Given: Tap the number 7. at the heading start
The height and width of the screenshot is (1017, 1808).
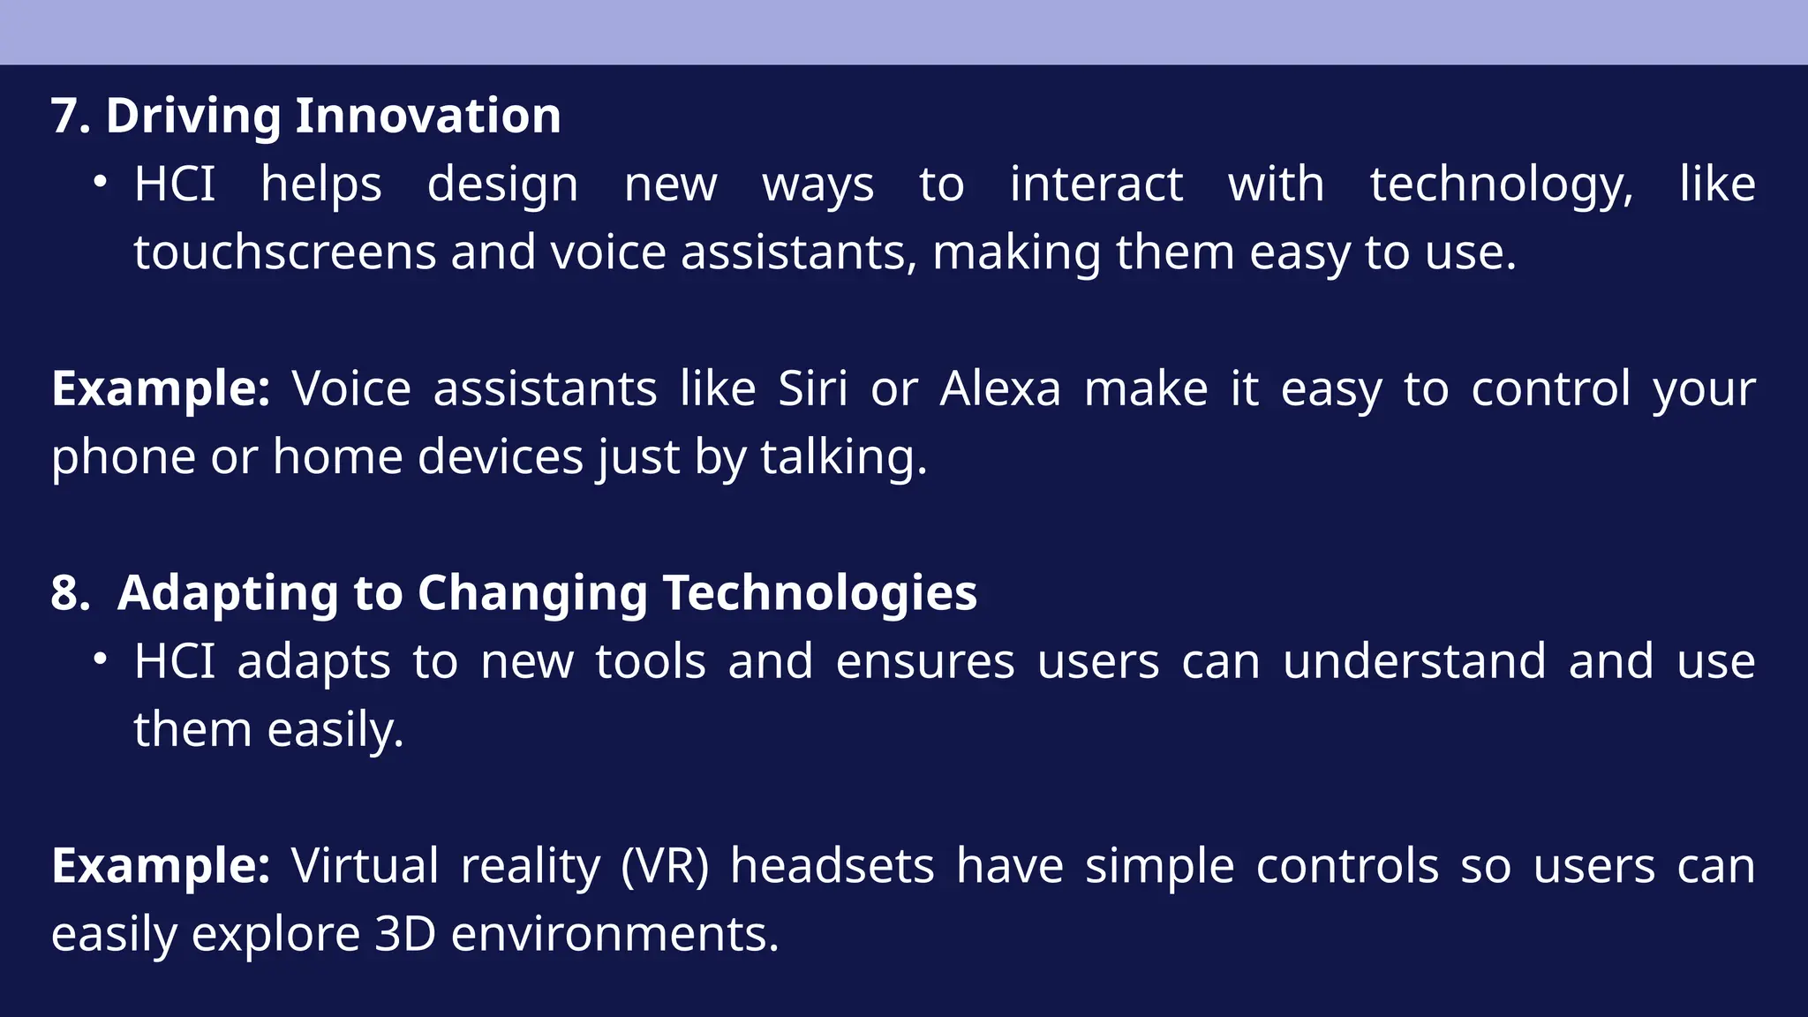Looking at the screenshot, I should [71, 116].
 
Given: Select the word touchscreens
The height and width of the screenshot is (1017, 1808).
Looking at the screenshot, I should [284, 252].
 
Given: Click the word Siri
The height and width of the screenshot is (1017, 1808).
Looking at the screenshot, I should [812, 388].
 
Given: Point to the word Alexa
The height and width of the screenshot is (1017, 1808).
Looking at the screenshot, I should [999, 388].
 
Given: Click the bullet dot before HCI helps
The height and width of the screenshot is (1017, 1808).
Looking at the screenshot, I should [101, 182].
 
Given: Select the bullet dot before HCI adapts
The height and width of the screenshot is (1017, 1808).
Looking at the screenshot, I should [101, 659].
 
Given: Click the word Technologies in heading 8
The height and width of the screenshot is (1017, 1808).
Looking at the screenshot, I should [819, 592].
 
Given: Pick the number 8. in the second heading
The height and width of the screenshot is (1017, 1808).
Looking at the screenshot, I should [71, 592].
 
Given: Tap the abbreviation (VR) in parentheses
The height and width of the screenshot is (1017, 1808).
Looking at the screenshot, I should [664, 866].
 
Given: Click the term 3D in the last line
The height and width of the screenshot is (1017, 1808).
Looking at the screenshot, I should [405, 934].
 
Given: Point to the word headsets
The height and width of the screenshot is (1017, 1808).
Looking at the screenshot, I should [832, 866].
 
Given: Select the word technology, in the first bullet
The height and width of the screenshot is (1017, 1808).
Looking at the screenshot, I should [1501, 185].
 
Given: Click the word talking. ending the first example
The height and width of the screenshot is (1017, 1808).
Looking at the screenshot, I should [843, 457].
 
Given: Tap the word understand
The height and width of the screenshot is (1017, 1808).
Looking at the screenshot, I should [1414, 661].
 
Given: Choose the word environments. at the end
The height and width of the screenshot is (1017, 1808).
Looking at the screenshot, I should [614, 934].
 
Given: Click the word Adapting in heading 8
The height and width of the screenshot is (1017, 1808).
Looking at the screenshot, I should [228, 592].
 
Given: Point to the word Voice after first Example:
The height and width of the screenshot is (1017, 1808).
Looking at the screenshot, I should [351, 388].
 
